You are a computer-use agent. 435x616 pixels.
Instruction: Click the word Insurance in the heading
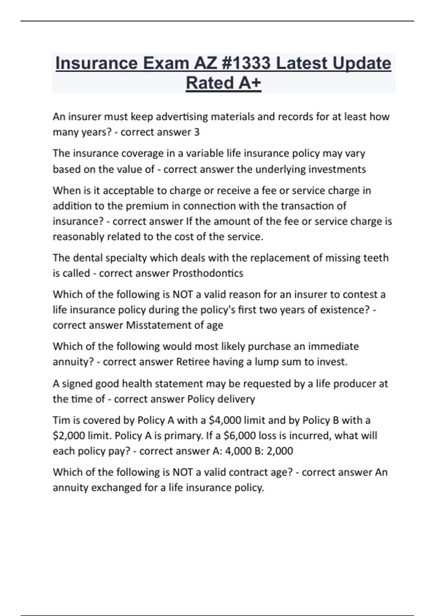[96, 63]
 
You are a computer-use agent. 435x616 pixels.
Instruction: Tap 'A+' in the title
[250, 83]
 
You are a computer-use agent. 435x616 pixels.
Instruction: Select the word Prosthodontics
[208, 273]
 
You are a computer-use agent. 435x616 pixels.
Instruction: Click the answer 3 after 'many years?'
[197, 132]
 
